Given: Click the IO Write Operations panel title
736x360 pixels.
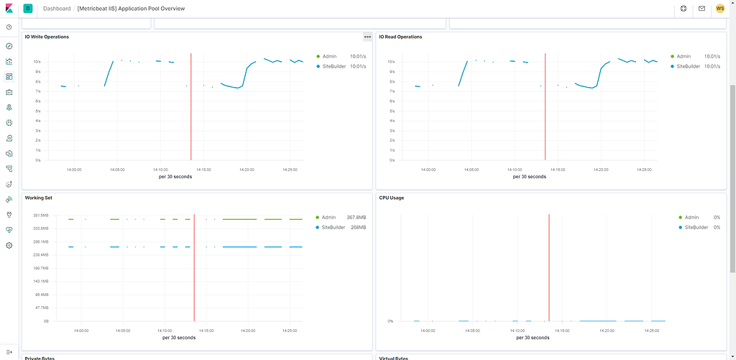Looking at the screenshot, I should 47,37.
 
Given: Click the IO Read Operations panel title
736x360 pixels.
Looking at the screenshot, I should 400,37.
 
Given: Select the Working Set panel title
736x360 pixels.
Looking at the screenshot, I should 38,198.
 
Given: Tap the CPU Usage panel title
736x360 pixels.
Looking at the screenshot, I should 394,198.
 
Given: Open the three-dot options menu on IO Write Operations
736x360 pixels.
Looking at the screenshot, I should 367,37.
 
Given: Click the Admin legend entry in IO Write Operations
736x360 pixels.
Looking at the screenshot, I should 329,56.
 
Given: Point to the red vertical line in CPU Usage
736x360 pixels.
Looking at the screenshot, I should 549,266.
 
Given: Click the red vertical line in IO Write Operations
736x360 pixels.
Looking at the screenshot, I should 191,108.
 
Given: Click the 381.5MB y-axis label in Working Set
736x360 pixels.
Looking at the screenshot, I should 36,216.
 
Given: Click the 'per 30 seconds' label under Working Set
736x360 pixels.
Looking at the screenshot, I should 179,337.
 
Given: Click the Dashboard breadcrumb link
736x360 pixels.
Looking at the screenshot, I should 57,9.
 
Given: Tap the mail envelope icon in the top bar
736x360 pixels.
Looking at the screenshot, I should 701,9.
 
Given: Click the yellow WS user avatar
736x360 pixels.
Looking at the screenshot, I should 719,9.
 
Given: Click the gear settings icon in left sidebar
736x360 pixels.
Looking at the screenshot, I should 9,245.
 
